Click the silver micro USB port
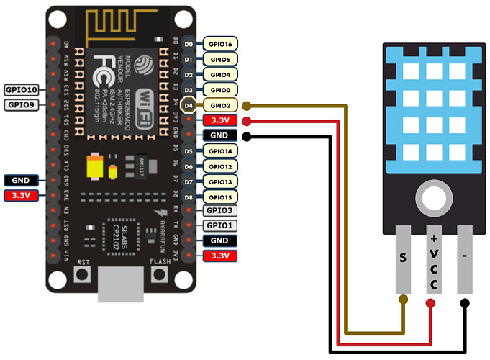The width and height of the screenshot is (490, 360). coord(118,282)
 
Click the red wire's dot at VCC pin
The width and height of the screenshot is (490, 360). coord(430,303)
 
